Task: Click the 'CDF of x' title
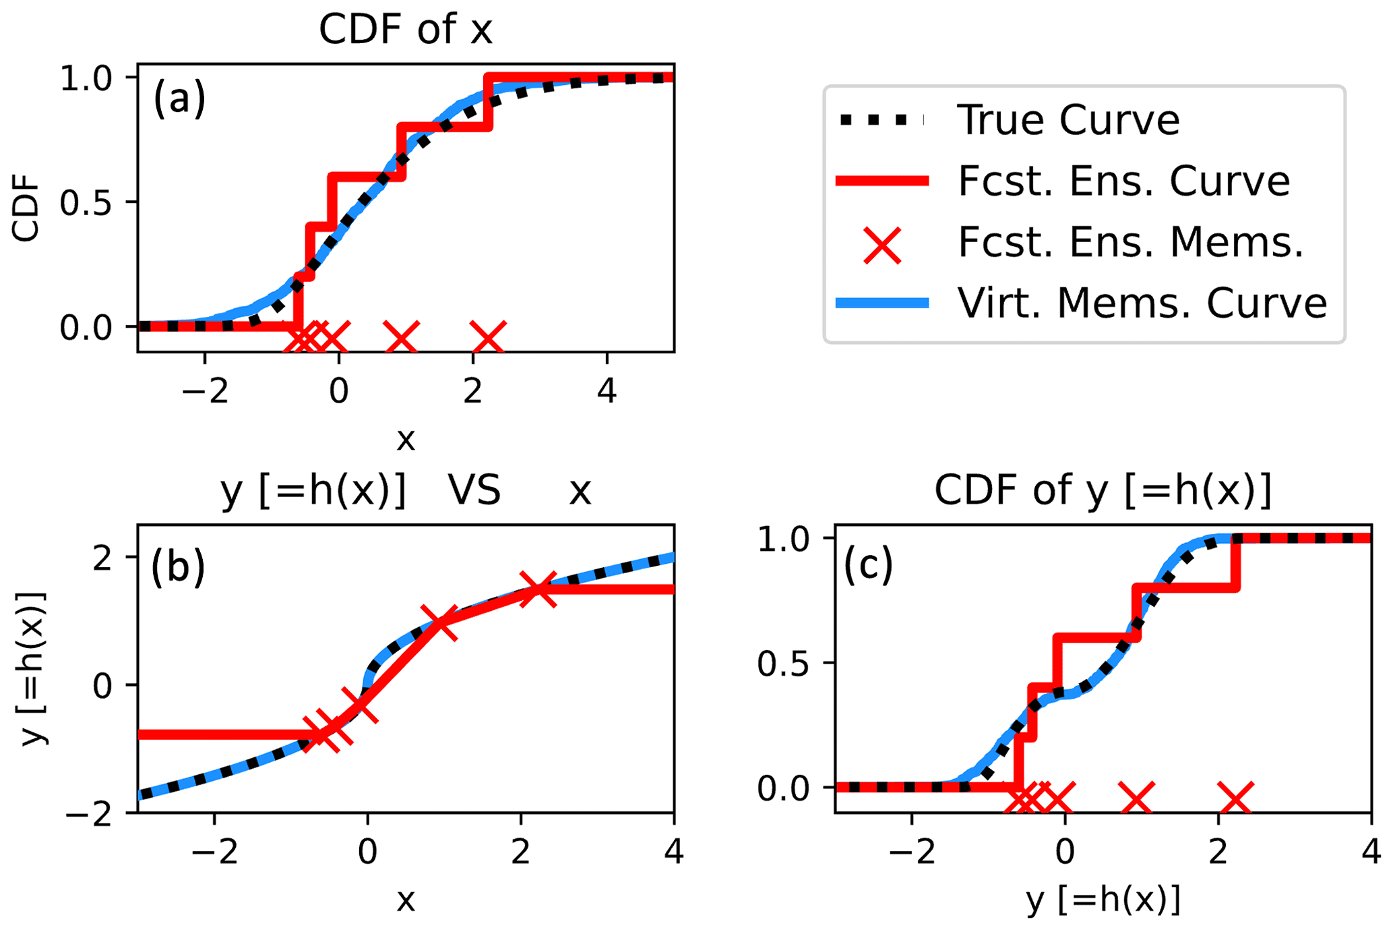tap(406, 30)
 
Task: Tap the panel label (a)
tap(179, 98)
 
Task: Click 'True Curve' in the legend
tap(1068, 121)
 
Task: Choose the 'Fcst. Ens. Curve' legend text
tap(1123, 181)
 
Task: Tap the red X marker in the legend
tap(882, 245)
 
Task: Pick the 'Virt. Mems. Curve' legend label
tap(1142, 303)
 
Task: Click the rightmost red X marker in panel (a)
tap(489, 337)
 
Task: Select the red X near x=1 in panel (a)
tap(402, 337)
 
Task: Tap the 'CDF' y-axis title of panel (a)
tap(26, 208)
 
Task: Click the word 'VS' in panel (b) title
tap(474, 490)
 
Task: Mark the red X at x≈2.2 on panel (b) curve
tap(538, 589)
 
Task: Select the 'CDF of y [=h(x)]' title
tap(1103, 490)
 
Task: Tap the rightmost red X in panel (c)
tap(1236, 798)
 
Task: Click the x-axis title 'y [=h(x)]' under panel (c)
tap(1103, 900)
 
